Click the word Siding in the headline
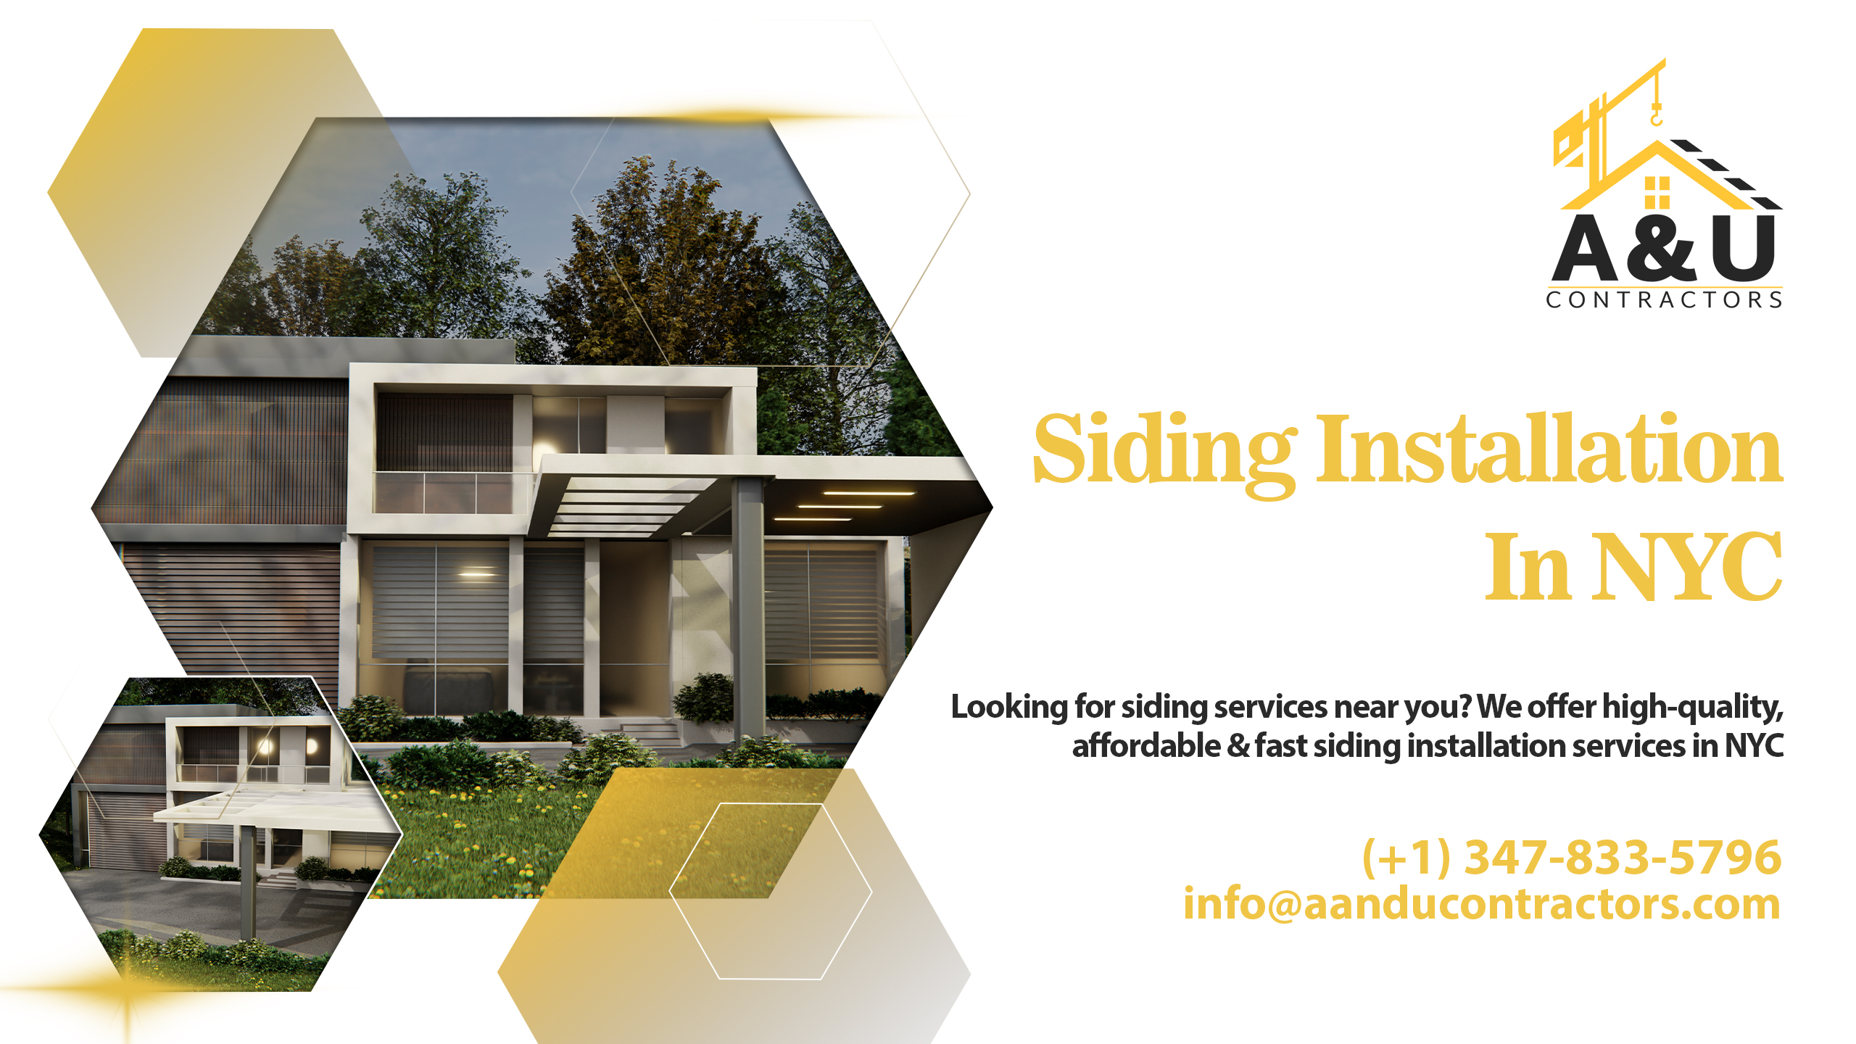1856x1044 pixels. [1164, 451]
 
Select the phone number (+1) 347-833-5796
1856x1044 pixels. [1572, 857]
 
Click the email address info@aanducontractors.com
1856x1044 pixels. [1482, 904]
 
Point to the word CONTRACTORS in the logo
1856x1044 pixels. [1664, 300]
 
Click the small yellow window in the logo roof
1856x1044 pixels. [1657, 192]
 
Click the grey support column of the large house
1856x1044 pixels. [747, 609]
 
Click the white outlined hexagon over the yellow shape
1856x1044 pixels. [770, 891]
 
